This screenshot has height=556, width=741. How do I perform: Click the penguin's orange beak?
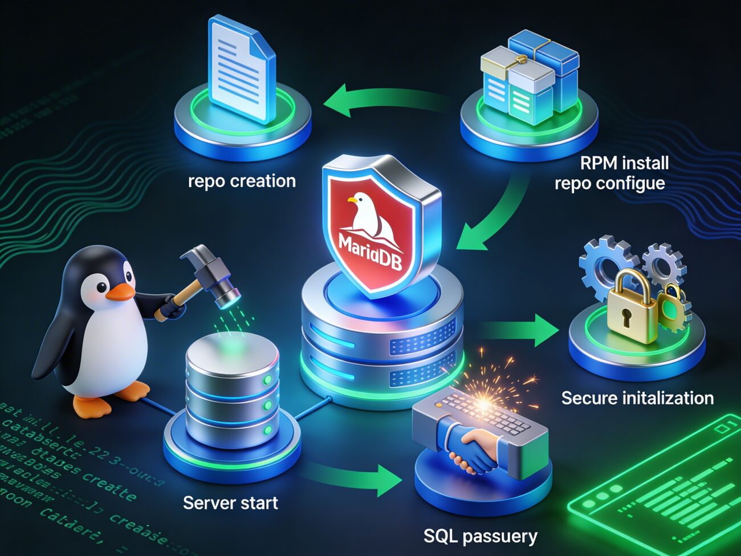click(121, 292)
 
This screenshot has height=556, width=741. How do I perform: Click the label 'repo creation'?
click(242, 181)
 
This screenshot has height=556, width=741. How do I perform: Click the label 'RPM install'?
click(624, 163)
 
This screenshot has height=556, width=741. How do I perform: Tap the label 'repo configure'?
click(609, 184)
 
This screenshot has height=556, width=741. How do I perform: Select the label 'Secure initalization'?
click(637, 398)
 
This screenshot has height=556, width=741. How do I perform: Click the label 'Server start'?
click(230, 503)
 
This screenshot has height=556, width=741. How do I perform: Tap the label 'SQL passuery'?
click(480, 536)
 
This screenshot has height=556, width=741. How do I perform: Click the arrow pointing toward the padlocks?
click(519, 331)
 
